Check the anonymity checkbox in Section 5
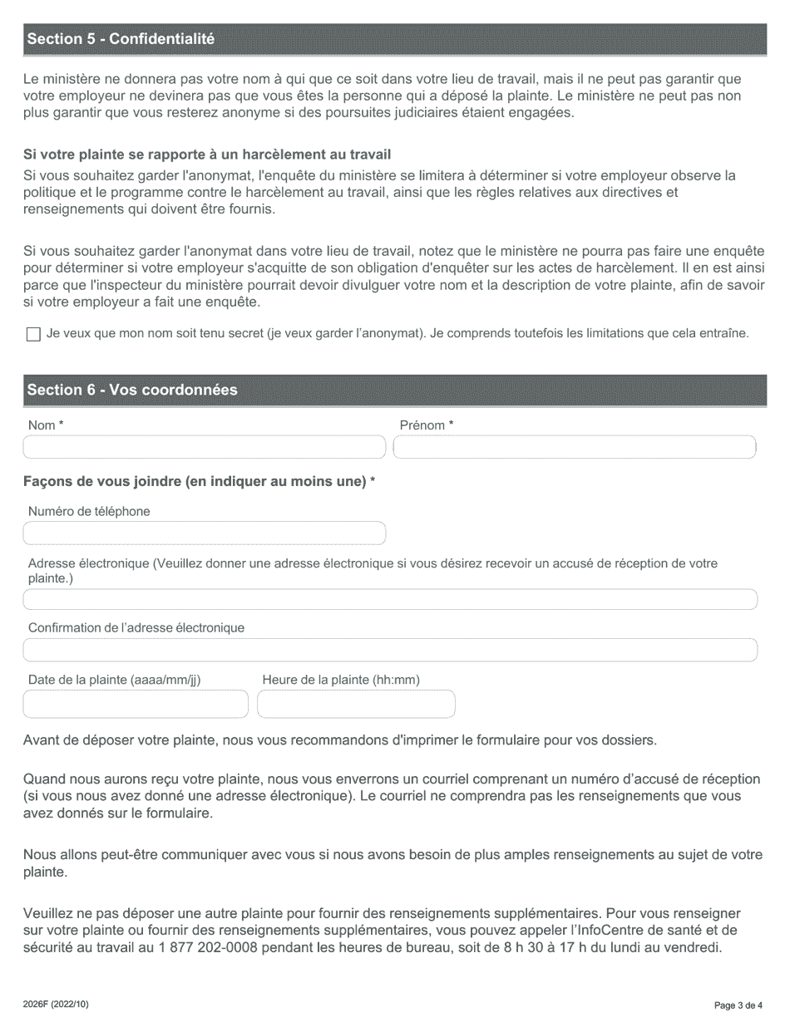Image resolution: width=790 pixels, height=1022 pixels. pyautogui.click(x=33, y=334)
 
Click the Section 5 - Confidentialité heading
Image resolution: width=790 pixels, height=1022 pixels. pyautogui.click(x=121, y=39)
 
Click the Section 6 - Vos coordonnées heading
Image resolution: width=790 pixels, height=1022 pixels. pyautogui.click(x=132, y=390)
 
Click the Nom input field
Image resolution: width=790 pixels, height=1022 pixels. pyautogui.click(x=205, y=448)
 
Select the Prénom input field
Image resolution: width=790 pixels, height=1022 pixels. pyautogui.click(x=574, y=448)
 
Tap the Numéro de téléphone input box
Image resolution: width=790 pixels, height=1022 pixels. pyautogui.click(x=205, y=533)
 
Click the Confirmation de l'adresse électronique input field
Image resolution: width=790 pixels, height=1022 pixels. pyautogui.click(x=390, y=650)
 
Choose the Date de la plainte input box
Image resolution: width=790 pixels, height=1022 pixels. pyautogui.click(x=136, y=705)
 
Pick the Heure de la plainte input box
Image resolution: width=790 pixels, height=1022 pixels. pyautogui.click(x=356, y=705)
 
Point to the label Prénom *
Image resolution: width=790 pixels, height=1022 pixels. pyautogui.click(x=427, y=425)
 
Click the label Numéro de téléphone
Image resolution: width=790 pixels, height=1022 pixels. pyautogui.click(x=89, y=512)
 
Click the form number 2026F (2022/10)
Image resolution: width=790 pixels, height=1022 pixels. pyautogui.click(x=56, y=1005)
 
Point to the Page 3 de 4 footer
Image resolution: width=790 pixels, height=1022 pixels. pyautogui.click(x=738, y=1005)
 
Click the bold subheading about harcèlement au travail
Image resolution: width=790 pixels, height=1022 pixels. pyautogui.click(x=207, y=155)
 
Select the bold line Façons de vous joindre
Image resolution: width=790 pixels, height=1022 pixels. pyautogui.click(x=199, y=482)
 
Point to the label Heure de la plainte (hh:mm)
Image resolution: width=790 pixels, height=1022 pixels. pyautogui.click(x=341, y=680)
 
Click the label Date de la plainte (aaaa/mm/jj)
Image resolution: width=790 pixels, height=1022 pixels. pyautogui.click(x=114, y=680)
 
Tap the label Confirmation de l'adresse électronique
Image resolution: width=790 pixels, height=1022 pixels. pyautogui.click(x=136, y=627)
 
